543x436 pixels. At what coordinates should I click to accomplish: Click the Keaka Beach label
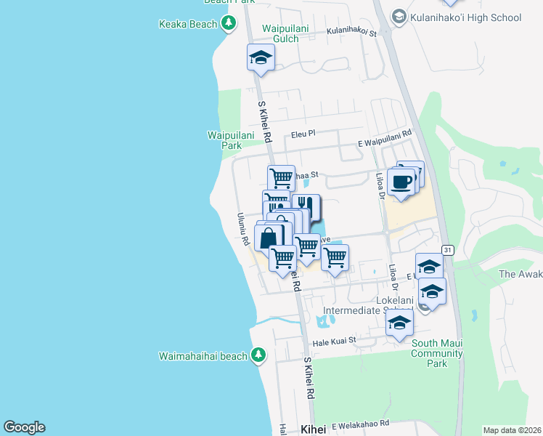click(x=188, y=24)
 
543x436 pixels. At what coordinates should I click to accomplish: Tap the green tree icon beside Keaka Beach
click(x=229, y=24)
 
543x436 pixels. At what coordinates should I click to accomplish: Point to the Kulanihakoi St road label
click(x=353, y=33)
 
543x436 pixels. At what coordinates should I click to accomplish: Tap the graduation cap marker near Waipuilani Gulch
click(x=261, y=58)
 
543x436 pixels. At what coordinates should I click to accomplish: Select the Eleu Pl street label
click(x=303, y=134)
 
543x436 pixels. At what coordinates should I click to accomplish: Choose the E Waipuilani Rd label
click(x=385, y=134)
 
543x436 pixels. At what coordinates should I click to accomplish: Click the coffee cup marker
click(x=401, y=182)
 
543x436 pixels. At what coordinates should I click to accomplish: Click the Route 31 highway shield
click(x=449, y=249)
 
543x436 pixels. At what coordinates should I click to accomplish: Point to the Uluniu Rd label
click(x=244, y=228)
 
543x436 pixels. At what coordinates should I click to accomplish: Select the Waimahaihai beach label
click(x=203, y=355)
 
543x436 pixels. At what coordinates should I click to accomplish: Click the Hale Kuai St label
click(x=335, y=340)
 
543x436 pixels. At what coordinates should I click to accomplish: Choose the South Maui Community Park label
click(x=436, y=353)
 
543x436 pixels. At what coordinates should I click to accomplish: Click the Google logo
click(x=24, y=427)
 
